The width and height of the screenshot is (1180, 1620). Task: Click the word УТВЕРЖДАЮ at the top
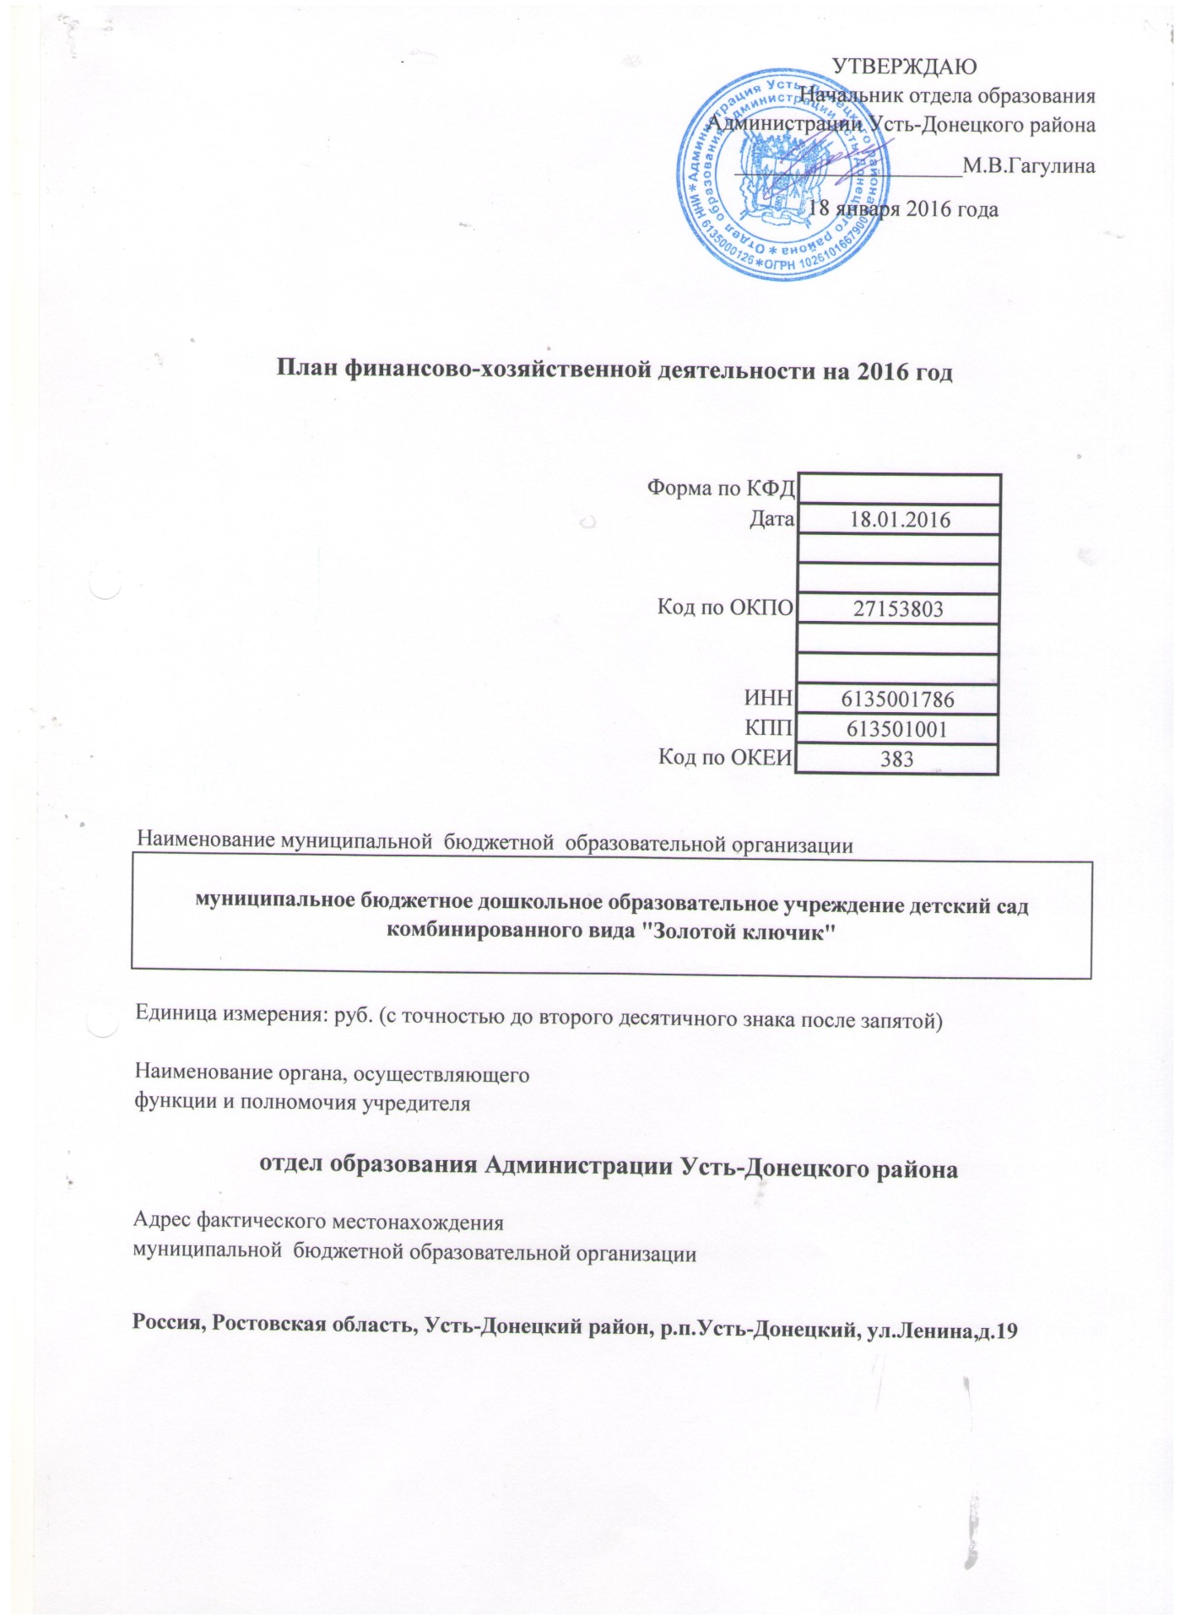(904, 65)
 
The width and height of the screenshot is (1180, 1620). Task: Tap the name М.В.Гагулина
(1029, 165)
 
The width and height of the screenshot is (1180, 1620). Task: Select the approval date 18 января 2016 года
(903, 208)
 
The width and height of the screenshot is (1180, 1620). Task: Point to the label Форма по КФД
(720, 489)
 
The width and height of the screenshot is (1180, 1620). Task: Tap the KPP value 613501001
(897, 729)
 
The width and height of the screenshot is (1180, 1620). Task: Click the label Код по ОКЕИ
(725, 758)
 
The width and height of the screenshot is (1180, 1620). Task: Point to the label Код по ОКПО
(725, 607)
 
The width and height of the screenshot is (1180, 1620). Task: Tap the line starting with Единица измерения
(539, 1019)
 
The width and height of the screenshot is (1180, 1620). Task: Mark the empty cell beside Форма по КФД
(898, 489)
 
